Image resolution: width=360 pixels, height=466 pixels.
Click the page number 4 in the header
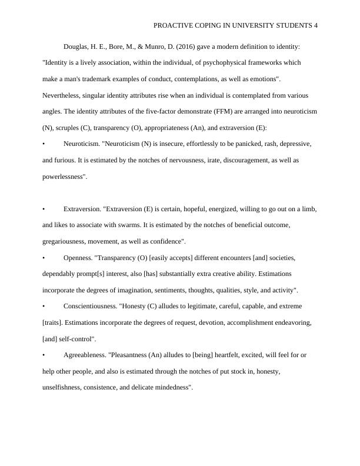pos(316,25)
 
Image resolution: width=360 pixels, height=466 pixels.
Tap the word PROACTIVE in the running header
pos(174,25)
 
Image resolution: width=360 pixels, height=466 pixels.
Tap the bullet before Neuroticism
pos(44,144)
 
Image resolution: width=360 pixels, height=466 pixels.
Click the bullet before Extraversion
pos(44,209)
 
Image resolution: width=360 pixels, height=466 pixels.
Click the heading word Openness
pos(79,258)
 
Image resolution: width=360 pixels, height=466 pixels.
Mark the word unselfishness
pos(62,388)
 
